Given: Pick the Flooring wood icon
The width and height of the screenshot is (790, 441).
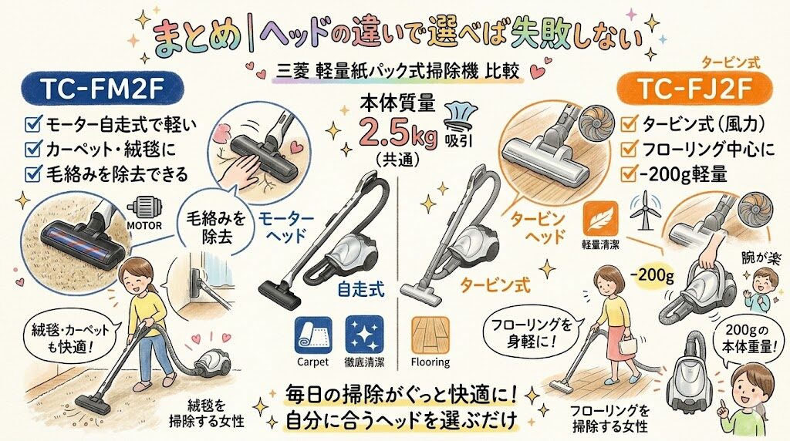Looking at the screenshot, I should click(429, 335).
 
